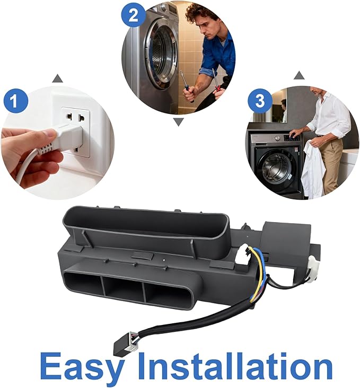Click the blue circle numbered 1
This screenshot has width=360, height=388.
click(x=16, y=101)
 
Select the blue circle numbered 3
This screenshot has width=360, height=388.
click(x=260, y=101)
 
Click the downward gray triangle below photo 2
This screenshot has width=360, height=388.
click(x=179, y=122)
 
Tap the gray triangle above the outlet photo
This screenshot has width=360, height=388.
click(x=58, y=78)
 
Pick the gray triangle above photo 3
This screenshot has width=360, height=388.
click(x=299, y=75)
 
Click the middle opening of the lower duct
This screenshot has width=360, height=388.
click(x=124, y=289)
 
